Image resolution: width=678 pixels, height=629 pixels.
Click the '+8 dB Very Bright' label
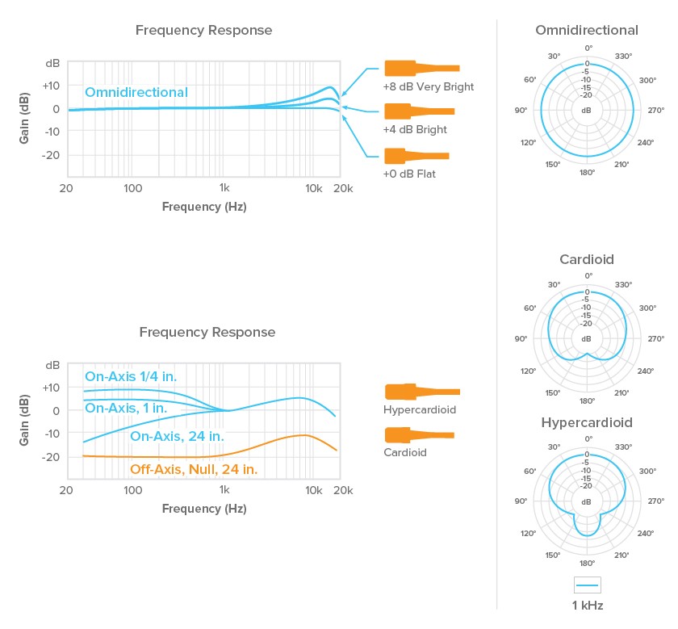(428, 87)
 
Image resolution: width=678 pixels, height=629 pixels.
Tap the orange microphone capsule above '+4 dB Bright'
(420, 111)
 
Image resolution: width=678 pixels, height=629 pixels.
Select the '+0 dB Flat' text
(409, 174)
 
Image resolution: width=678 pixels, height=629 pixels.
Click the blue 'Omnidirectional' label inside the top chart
(136, 92)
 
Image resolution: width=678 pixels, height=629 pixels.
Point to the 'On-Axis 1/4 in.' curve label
(131, 376)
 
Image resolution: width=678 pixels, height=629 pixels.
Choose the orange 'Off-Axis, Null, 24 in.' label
(194, 469)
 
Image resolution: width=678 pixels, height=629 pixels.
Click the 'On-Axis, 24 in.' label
(177, 436)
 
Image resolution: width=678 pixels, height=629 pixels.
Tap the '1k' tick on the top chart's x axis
(224, 188)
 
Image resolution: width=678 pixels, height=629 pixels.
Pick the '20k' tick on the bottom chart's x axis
(343, 490)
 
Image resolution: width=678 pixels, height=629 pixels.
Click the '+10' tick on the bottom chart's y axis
(51, 388)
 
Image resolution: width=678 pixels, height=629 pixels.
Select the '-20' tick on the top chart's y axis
(51, 155)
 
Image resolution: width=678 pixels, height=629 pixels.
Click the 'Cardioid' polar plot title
(587, 259)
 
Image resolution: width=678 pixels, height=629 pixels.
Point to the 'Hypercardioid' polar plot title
(587, 422)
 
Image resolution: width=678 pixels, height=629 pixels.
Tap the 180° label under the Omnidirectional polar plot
(588, 173)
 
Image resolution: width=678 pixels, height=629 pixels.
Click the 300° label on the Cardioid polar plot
(647, 308)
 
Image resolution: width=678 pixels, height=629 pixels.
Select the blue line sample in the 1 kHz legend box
(588, 585)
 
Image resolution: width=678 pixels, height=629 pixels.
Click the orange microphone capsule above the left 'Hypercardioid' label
(422, 392)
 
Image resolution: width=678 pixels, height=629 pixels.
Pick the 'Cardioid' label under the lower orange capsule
(405, 452)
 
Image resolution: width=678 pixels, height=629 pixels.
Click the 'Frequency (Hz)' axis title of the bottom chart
(204, 509)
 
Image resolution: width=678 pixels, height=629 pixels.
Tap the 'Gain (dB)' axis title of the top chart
(24, 118)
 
